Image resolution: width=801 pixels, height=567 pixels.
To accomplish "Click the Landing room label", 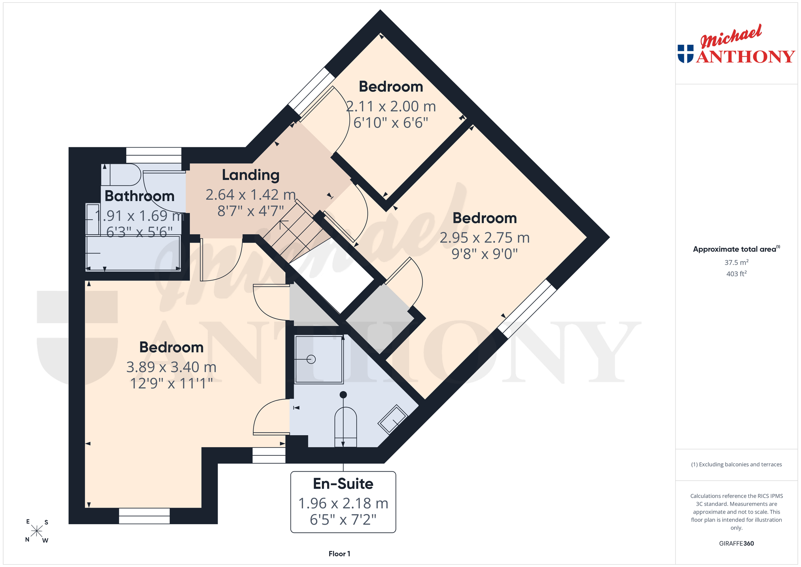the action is [250, 175].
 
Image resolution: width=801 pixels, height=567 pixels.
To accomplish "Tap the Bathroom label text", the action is [139, 196].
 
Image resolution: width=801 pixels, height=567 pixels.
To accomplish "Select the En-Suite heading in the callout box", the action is [343, 484].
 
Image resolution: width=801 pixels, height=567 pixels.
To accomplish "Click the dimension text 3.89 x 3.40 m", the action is [171, 367].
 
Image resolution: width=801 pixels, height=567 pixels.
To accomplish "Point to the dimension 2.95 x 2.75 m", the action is [485, 237].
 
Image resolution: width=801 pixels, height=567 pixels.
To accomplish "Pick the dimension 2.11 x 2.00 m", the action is [391, 106].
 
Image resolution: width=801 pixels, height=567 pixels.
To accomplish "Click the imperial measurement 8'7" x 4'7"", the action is [250, 211].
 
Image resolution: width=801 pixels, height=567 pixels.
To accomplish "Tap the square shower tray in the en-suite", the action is [319, 359].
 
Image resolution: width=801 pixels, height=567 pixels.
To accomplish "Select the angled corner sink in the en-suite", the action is [392, 419].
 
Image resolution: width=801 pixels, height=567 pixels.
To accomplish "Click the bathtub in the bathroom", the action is [133, 253].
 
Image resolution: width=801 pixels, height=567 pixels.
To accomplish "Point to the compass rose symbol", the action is [37, 531].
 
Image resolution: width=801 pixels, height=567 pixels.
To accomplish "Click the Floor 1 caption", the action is [339, 554].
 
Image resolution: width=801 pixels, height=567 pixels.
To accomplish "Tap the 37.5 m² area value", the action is [736, 262].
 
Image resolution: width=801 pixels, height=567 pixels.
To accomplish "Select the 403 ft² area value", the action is [736, 273].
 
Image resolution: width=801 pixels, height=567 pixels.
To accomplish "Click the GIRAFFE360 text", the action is [736, 543].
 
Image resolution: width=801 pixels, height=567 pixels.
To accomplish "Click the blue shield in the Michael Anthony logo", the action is [685, 54].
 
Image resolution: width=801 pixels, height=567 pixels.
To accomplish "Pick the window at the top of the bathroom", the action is [153, 155].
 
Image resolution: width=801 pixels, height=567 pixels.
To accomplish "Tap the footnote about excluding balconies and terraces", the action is [736, 465].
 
